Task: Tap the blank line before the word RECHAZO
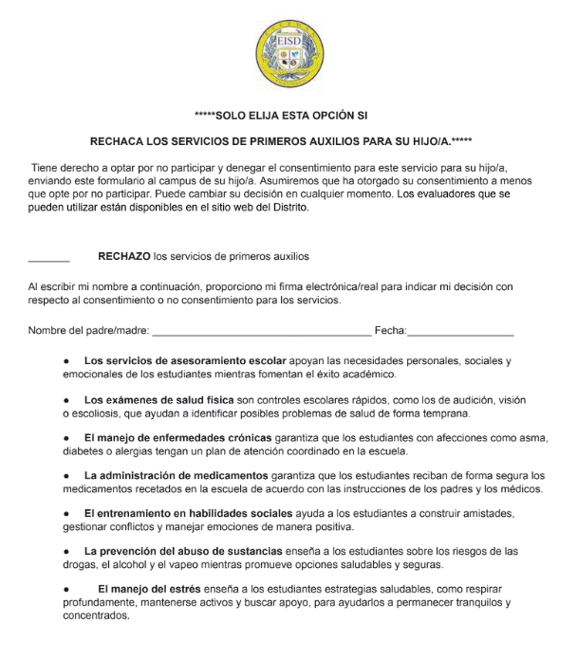[48, 257]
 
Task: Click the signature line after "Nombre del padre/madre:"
[261, 331]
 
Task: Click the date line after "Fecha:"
[460, 331]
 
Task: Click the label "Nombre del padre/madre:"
[88, 330]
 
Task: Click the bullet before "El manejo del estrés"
[67, 589]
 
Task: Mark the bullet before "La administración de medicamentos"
[67, 475]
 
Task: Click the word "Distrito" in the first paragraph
[286, 207]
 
